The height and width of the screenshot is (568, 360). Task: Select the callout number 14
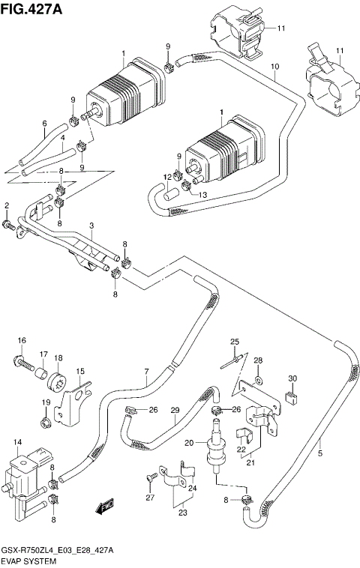[17, 443]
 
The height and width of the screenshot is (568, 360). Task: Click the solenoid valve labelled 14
[25, 473]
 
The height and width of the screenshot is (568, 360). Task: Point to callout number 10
[275, 67]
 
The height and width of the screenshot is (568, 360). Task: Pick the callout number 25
[234, 342]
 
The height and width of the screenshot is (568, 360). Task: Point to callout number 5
[320, 453]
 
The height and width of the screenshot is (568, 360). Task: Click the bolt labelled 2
[9, 225]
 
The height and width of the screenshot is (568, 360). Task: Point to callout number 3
[91, 226]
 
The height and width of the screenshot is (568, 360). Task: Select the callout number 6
[44, 124]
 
